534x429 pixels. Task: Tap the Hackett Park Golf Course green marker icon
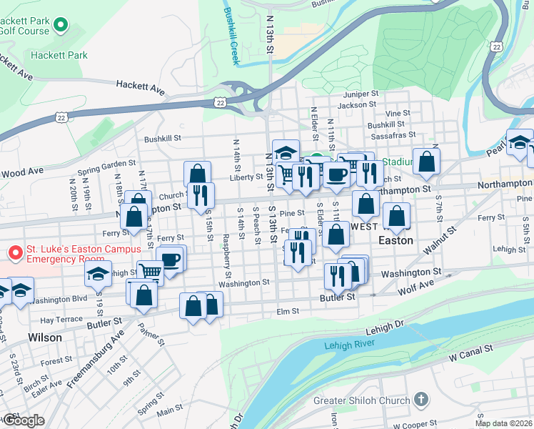pos(59,26)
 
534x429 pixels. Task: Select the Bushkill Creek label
pos(230,36)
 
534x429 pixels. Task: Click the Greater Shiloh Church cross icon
pos(421,400)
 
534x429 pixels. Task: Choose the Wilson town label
pos(44,337)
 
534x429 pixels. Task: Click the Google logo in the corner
pos(23,420)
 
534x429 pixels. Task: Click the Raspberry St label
pos(227,255)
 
